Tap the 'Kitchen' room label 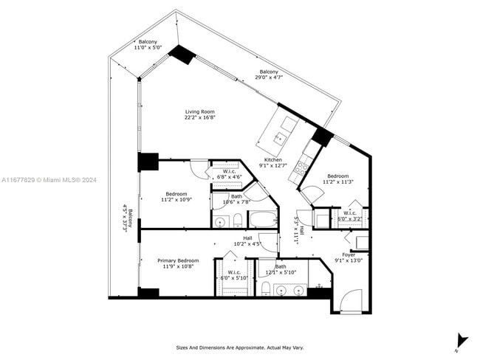273,160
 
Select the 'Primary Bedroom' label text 178,260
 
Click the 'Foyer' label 349,254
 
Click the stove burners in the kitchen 301,168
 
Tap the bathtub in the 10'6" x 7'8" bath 263,219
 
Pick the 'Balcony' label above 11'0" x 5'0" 148,41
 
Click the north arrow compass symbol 462,340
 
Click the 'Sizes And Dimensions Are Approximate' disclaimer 239,347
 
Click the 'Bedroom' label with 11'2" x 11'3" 337,176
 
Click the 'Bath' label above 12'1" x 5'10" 281,266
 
